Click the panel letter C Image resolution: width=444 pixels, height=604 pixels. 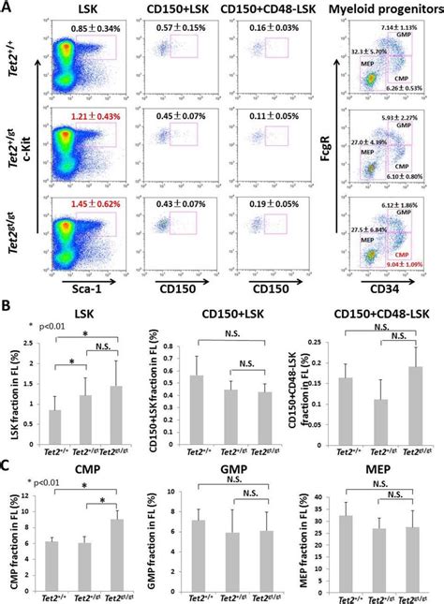coord(7,440)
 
